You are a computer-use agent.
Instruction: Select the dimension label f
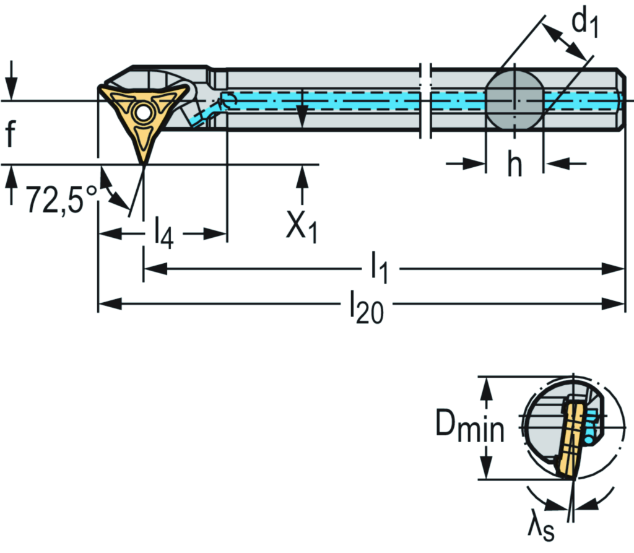[10, 134]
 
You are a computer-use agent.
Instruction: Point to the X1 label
[302, 227]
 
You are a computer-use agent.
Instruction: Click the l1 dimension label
[379, 269]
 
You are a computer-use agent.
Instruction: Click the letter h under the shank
[515, 164]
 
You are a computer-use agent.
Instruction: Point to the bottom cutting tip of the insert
[144, 163]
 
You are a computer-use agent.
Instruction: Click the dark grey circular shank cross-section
[514, 100]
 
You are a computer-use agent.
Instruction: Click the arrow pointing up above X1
[302, 176]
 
